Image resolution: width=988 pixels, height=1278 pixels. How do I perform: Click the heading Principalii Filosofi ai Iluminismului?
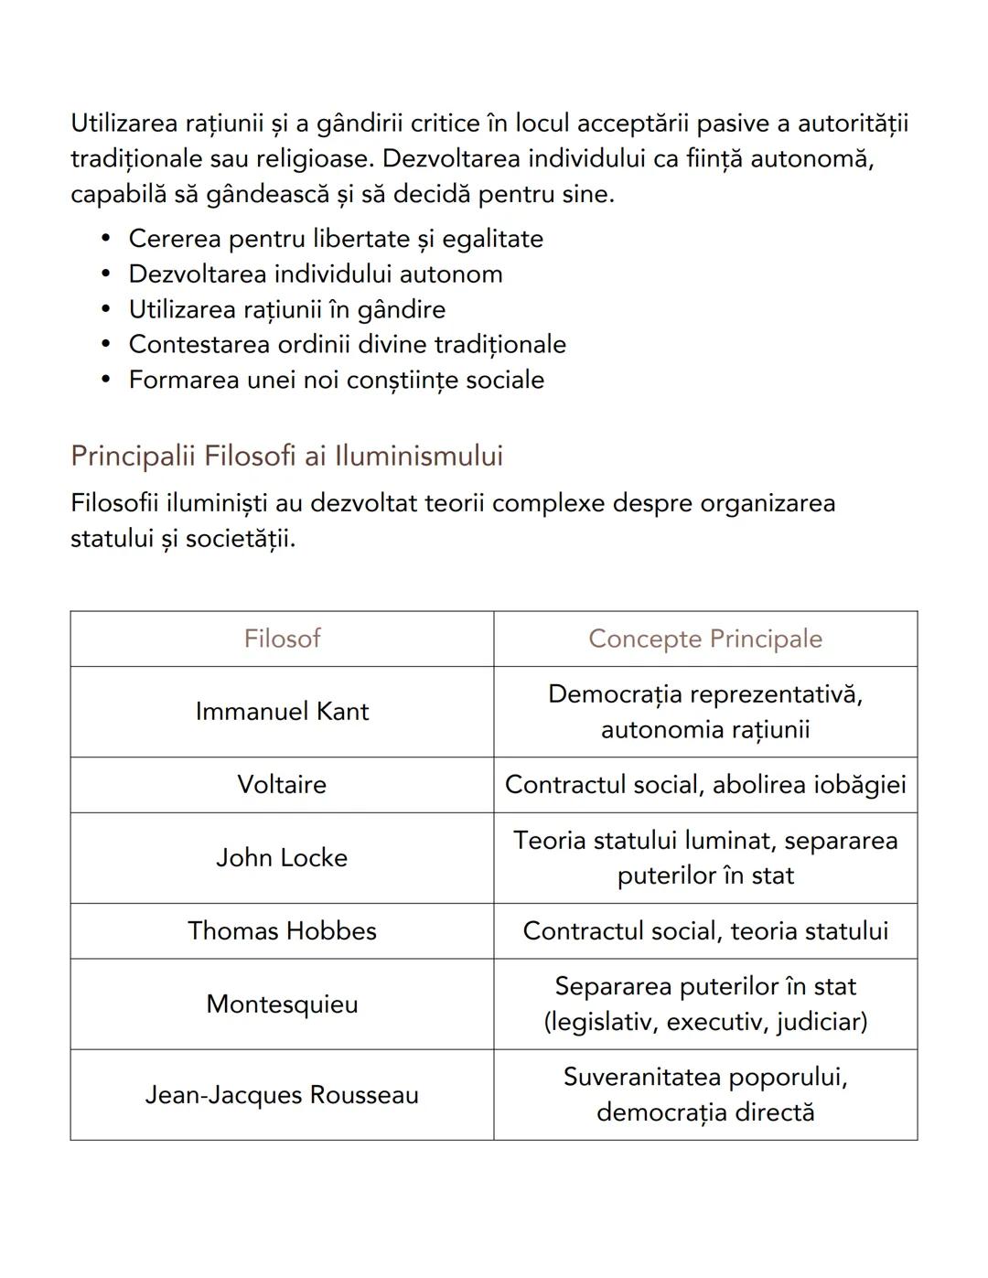[286, 456]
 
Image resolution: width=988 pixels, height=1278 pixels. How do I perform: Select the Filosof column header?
[282, 639]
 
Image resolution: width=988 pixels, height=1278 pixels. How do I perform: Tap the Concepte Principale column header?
[704, 639]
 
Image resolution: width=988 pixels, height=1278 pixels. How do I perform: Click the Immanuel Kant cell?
[282, 712]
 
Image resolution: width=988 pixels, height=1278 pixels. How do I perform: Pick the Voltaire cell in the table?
[282, 785]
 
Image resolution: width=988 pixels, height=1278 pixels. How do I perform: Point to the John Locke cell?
[282, 858]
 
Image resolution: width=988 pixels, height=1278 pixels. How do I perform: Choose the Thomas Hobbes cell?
[282, 931]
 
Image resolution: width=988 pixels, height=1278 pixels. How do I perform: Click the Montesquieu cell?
[282, 1004]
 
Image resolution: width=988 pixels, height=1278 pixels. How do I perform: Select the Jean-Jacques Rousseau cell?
[282, 1095]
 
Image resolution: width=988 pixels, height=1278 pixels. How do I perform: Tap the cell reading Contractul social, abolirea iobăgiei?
[704, 785]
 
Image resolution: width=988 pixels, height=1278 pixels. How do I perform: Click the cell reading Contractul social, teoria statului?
[704, 931]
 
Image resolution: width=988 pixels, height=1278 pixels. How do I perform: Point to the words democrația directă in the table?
[704, 1112]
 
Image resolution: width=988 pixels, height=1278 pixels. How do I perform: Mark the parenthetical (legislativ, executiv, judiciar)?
[704, 1022]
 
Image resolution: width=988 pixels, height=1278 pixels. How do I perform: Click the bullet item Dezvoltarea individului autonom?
[316, 274]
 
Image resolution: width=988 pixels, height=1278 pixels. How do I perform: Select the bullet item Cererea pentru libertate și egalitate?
[336, 239]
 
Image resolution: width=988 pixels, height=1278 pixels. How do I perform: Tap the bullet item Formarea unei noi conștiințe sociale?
[336, 380]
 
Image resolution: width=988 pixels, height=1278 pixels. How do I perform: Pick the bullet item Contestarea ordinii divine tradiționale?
[347, 345]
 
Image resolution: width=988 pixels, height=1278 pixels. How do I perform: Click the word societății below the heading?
[240, 539]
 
